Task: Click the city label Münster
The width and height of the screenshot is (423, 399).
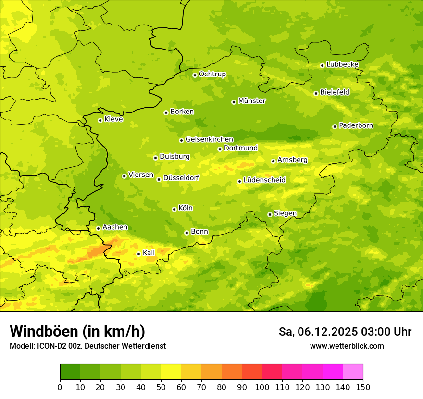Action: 252,101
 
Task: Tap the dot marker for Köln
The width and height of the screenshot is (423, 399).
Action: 174,209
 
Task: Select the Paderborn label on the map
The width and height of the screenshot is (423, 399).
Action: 356,125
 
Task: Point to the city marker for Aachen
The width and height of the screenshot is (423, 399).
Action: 98,228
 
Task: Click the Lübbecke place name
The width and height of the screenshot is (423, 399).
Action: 343,64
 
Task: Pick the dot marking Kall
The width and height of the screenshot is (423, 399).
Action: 138,254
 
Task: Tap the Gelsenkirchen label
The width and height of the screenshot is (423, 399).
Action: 209,139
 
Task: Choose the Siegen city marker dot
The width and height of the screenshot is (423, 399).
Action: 270,214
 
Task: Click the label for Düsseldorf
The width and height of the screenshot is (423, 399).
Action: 181,178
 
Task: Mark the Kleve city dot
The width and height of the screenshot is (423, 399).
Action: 100,120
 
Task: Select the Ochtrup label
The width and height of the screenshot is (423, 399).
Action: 212,74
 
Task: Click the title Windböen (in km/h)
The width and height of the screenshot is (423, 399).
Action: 77,332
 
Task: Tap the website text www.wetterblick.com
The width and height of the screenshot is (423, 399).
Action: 347,346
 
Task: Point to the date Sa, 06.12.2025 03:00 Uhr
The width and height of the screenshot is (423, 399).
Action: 345,332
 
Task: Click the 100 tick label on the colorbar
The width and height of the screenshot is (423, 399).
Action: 262,387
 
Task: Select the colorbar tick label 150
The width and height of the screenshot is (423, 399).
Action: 363,387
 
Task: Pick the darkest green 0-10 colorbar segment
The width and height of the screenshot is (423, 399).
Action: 70,372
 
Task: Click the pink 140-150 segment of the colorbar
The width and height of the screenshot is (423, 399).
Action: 353,372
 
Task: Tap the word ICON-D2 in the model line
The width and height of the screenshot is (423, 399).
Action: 49,346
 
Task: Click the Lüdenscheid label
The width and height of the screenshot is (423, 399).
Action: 264,180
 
